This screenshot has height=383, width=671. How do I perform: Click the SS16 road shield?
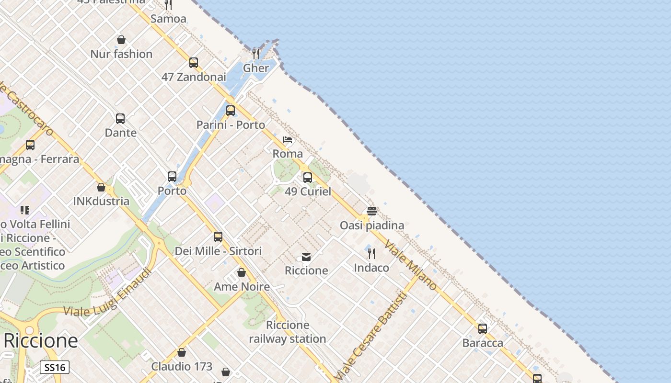(x=54, y=367)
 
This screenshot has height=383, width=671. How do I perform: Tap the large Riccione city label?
(x=41, y=341)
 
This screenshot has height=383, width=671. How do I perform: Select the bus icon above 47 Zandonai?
(x=194, y=63)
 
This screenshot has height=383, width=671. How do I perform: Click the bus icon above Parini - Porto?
(x=231, y=111)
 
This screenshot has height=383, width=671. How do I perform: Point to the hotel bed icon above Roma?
(x=288, y=140)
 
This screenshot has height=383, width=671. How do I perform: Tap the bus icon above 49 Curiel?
(x=308, y=178)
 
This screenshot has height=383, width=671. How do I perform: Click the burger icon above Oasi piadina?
(x=372, y=211)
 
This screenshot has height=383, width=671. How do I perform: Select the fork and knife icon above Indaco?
(x=371, y=253)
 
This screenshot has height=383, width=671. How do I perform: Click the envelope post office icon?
(x=306, y=257)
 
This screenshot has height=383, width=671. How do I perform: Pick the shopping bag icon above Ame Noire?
(x=242, y=272)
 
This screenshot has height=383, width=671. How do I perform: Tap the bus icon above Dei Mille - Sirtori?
(x=218, y=237)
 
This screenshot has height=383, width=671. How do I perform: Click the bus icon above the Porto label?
(x=172, y=177)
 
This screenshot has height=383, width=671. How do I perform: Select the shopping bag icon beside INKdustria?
(x=101, y=187)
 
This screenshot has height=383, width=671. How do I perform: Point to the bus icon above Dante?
(x=120, y=118)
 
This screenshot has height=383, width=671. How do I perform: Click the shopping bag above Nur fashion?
(x=121, y=40)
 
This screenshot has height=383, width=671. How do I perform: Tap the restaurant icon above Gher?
(x=256, y=54)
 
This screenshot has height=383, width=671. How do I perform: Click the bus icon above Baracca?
(x=483, y=329)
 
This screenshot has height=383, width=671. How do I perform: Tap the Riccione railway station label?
(x=288, y=332)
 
